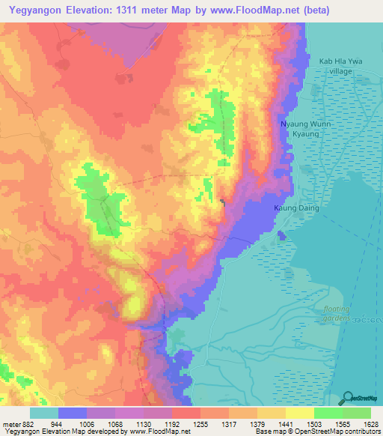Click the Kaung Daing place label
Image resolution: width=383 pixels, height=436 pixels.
(x=299, y=208)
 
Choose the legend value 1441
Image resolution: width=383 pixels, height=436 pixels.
(x=272, y=423)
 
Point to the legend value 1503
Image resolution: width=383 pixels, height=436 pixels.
(x=300, y=423)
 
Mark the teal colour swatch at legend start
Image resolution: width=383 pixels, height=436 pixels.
(x=43, y=413)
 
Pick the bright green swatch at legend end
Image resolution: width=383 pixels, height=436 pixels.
(x=357, y=413)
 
